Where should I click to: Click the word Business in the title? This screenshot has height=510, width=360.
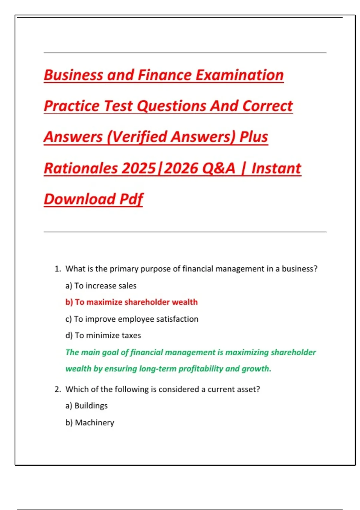tap(73, 75)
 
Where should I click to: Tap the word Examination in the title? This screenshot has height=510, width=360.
tap(240, 75)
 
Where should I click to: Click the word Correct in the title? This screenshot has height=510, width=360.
tap(267, 106)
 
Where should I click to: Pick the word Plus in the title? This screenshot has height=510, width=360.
tap(253, 137)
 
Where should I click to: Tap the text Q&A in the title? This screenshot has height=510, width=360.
tap(219, 168)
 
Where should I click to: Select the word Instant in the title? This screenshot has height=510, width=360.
tap(276, 168)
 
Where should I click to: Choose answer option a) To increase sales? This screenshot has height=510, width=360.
tap(101, 286)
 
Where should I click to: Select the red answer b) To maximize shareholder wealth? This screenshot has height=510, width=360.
tap(131, 302)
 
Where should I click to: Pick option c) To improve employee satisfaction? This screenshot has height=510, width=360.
tap(132, 319)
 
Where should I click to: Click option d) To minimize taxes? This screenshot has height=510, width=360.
tap(103, 335)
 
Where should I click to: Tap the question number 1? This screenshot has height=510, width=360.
tap(58, 269)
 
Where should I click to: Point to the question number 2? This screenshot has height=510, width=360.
tap(58, 389)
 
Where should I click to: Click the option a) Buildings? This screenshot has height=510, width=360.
tap(86, 406)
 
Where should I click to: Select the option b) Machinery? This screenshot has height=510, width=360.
tap(90, 422)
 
